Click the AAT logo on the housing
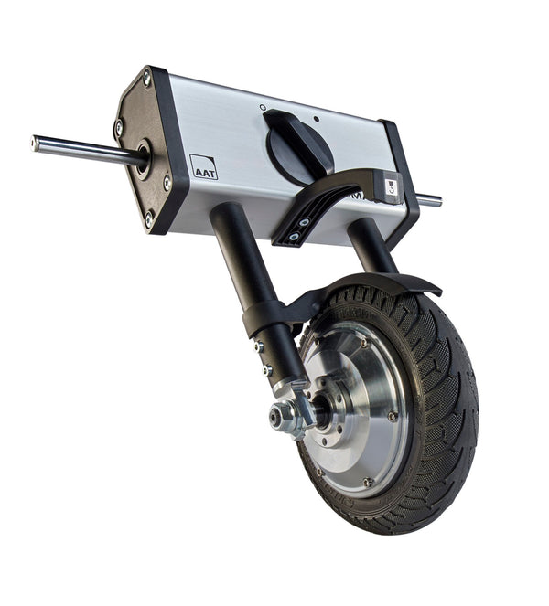tap(203, 166)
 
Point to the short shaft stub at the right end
tap(428, 199)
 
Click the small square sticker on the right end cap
tap(392, 186)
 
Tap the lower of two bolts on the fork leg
tap(267, 369)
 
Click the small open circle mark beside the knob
tap(263, 107)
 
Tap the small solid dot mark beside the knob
tap(316, 119)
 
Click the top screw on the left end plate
tap(146, 79)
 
